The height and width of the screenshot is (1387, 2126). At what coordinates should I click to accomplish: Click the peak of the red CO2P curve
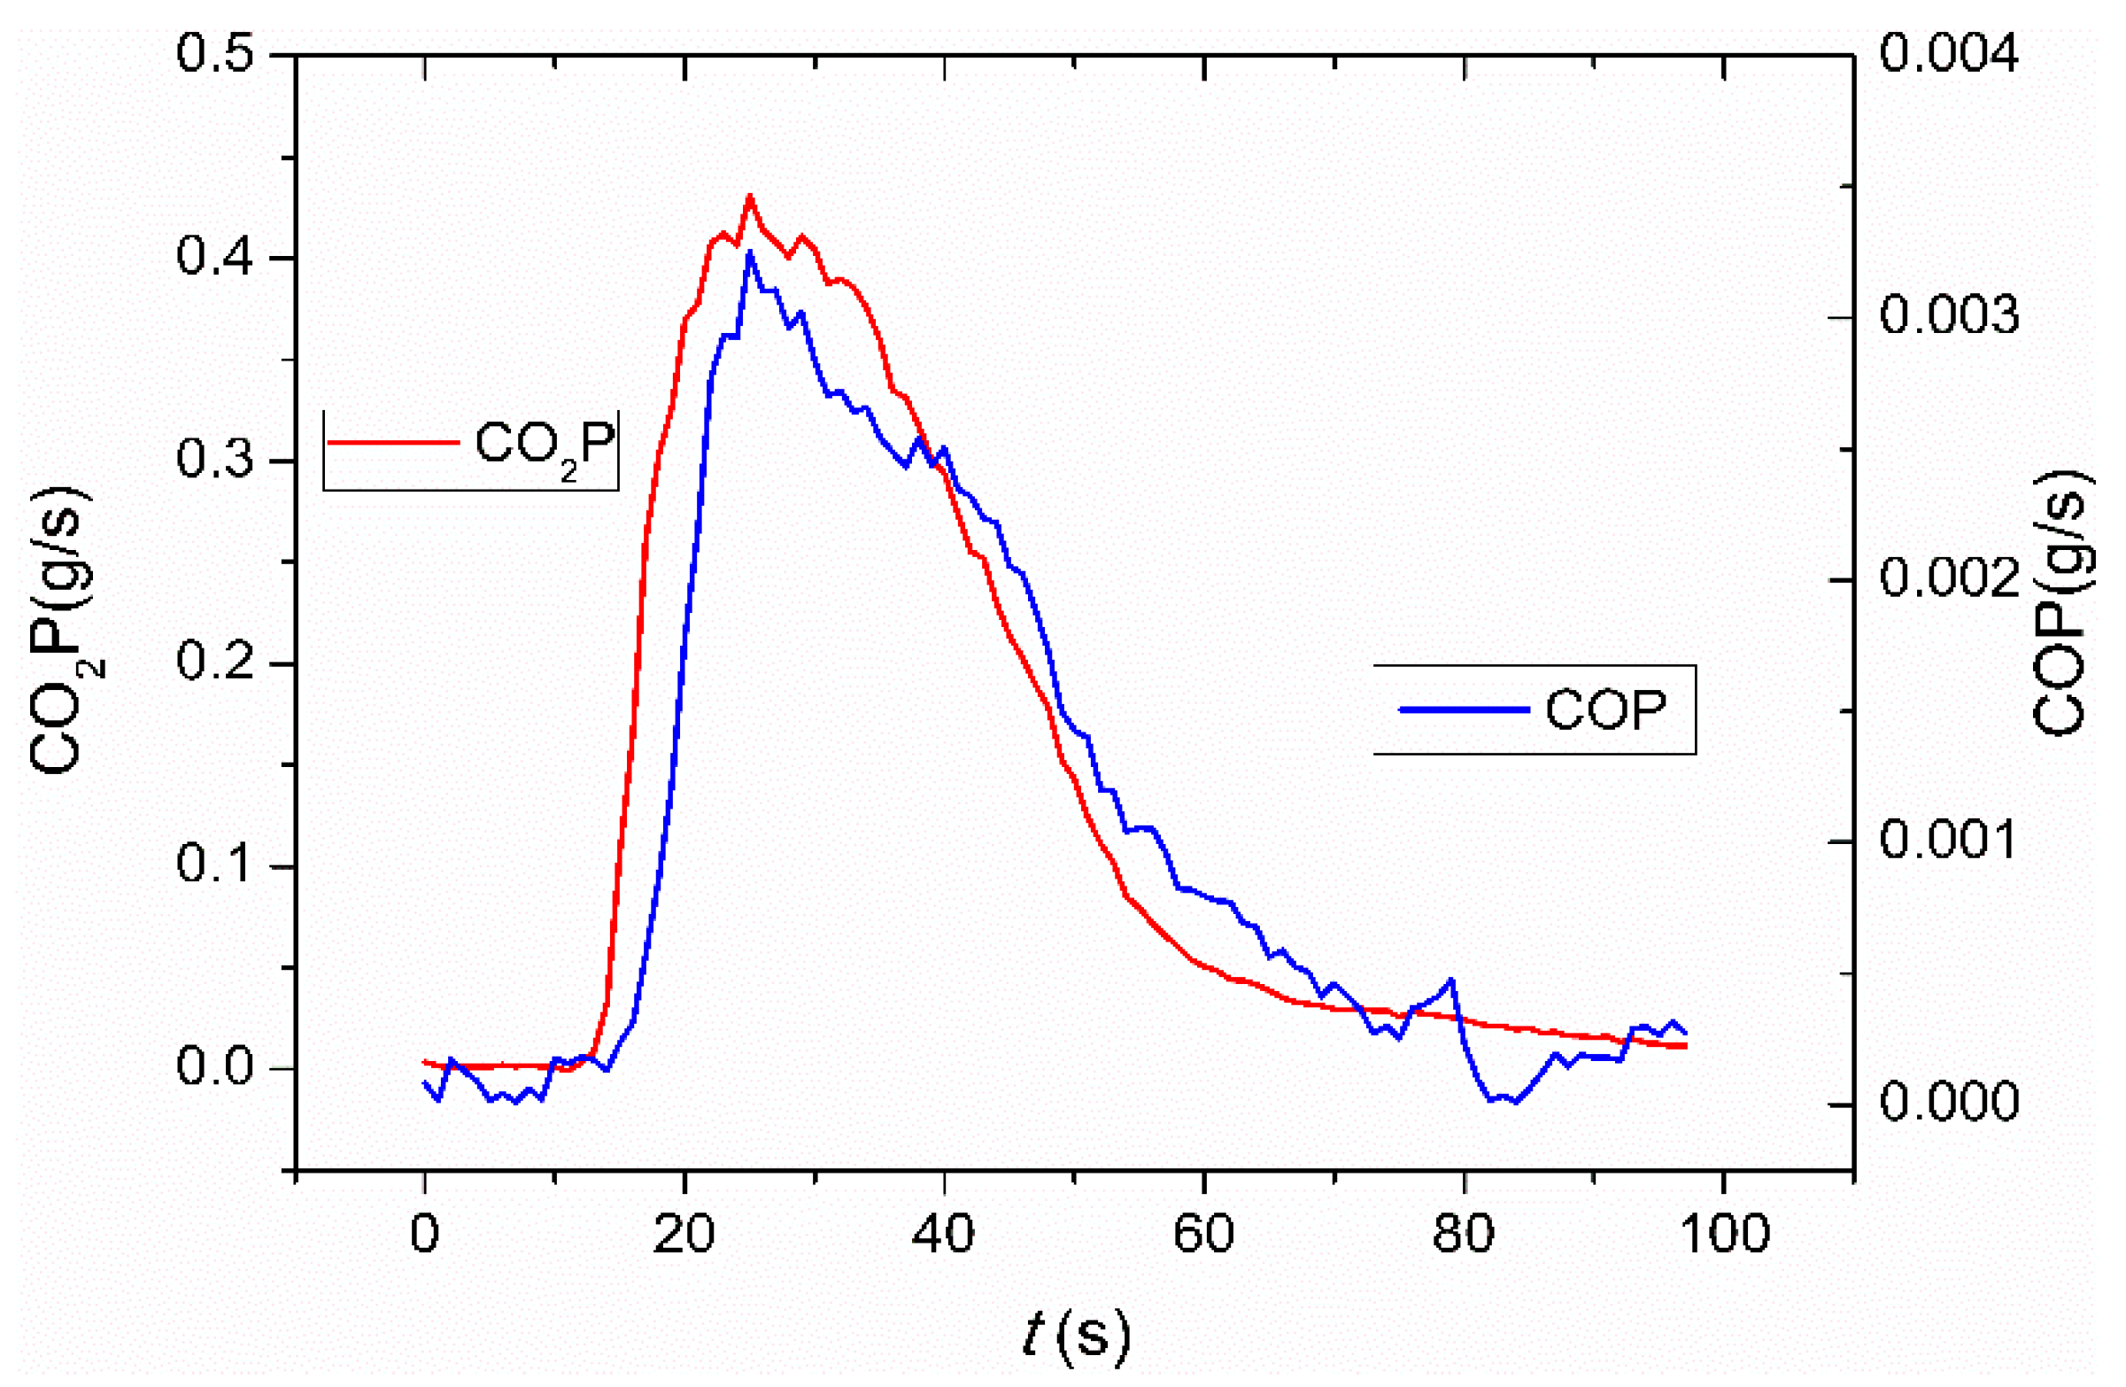(749, 197)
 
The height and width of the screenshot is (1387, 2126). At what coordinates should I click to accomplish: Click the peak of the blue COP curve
(749, 253)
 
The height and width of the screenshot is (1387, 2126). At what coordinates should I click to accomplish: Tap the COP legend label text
(1605, 711)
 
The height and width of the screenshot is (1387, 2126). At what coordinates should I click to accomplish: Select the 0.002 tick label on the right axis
(1948, 578)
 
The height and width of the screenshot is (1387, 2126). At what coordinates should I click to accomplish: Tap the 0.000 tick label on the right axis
(1948, 1101)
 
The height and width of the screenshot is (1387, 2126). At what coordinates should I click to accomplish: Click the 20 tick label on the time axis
(684, 1234)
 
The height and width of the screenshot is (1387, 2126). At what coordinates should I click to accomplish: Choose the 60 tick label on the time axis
(1203, 1234)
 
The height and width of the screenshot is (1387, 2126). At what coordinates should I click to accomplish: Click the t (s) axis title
(1076, 1335)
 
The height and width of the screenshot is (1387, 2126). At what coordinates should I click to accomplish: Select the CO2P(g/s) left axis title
(66, 630)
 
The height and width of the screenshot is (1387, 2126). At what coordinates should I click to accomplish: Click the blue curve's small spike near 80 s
(1451, 980)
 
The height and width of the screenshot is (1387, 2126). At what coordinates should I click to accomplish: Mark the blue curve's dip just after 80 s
(1513, 1101)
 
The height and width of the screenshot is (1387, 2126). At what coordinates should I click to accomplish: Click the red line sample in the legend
(393, 441)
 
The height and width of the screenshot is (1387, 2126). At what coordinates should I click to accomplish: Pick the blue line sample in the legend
(1464, 709)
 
